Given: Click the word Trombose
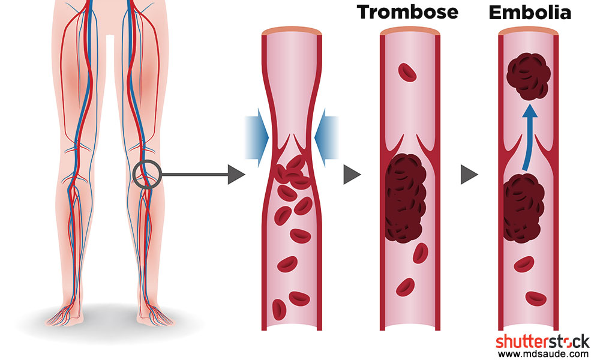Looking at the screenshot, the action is (x=407, y=12).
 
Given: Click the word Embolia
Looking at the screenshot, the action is (x=530, y=13).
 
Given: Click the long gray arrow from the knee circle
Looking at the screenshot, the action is (x=203, y=175).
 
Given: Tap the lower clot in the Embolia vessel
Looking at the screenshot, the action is (x=523, y=209).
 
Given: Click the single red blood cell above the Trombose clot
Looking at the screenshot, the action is (x=407, y=73).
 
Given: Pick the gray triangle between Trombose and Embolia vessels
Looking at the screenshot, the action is (x=469, y=175).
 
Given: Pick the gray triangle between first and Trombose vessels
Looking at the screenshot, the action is (x=352, y=175).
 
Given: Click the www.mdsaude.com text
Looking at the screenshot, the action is (x=544, y=353).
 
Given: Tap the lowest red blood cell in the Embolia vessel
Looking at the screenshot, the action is (x=536, y=298).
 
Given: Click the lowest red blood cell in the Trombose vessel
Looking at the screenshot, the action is (x=406, y=287).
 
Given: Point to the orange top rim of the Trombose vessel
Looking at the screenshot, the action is (x=410, y=31).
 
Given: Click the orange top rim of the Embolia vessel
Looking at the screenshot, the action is (x=529, y=31).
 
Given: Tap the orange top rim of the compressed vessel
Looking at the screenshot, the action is (x=292, y=31).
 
